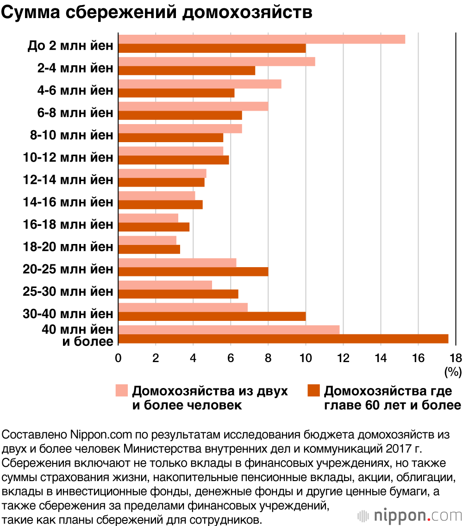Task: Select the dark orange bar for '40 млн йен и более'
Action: click(283, 339)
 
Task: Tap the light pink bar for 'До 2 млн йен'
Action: click(262, 39)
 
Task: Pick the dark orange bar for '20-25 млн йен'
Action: click(194, 272)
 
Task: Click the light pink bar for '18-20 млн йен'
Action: click(148, 240)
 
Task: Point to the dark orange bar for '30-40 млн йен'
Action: click(212, 316)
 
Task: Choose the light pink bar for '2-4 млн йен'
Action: click(217, 62)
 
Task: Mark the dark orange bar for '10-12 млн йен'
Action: click(174, 160)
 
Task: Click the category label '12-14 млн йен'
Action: click(68, 180)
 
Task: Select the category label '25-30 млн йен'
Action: click(68, 292)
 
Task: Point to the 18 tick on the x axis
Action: click(456, 358)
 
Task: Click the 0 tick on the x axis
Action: click(119, 358)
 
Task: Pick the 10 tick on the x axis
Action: click(306, 358)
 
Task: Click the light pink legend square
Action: click(121, 390)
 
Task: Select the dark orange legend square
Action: click(313, 390)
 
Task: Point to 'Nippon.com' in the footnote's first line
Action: click(95, 436)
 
